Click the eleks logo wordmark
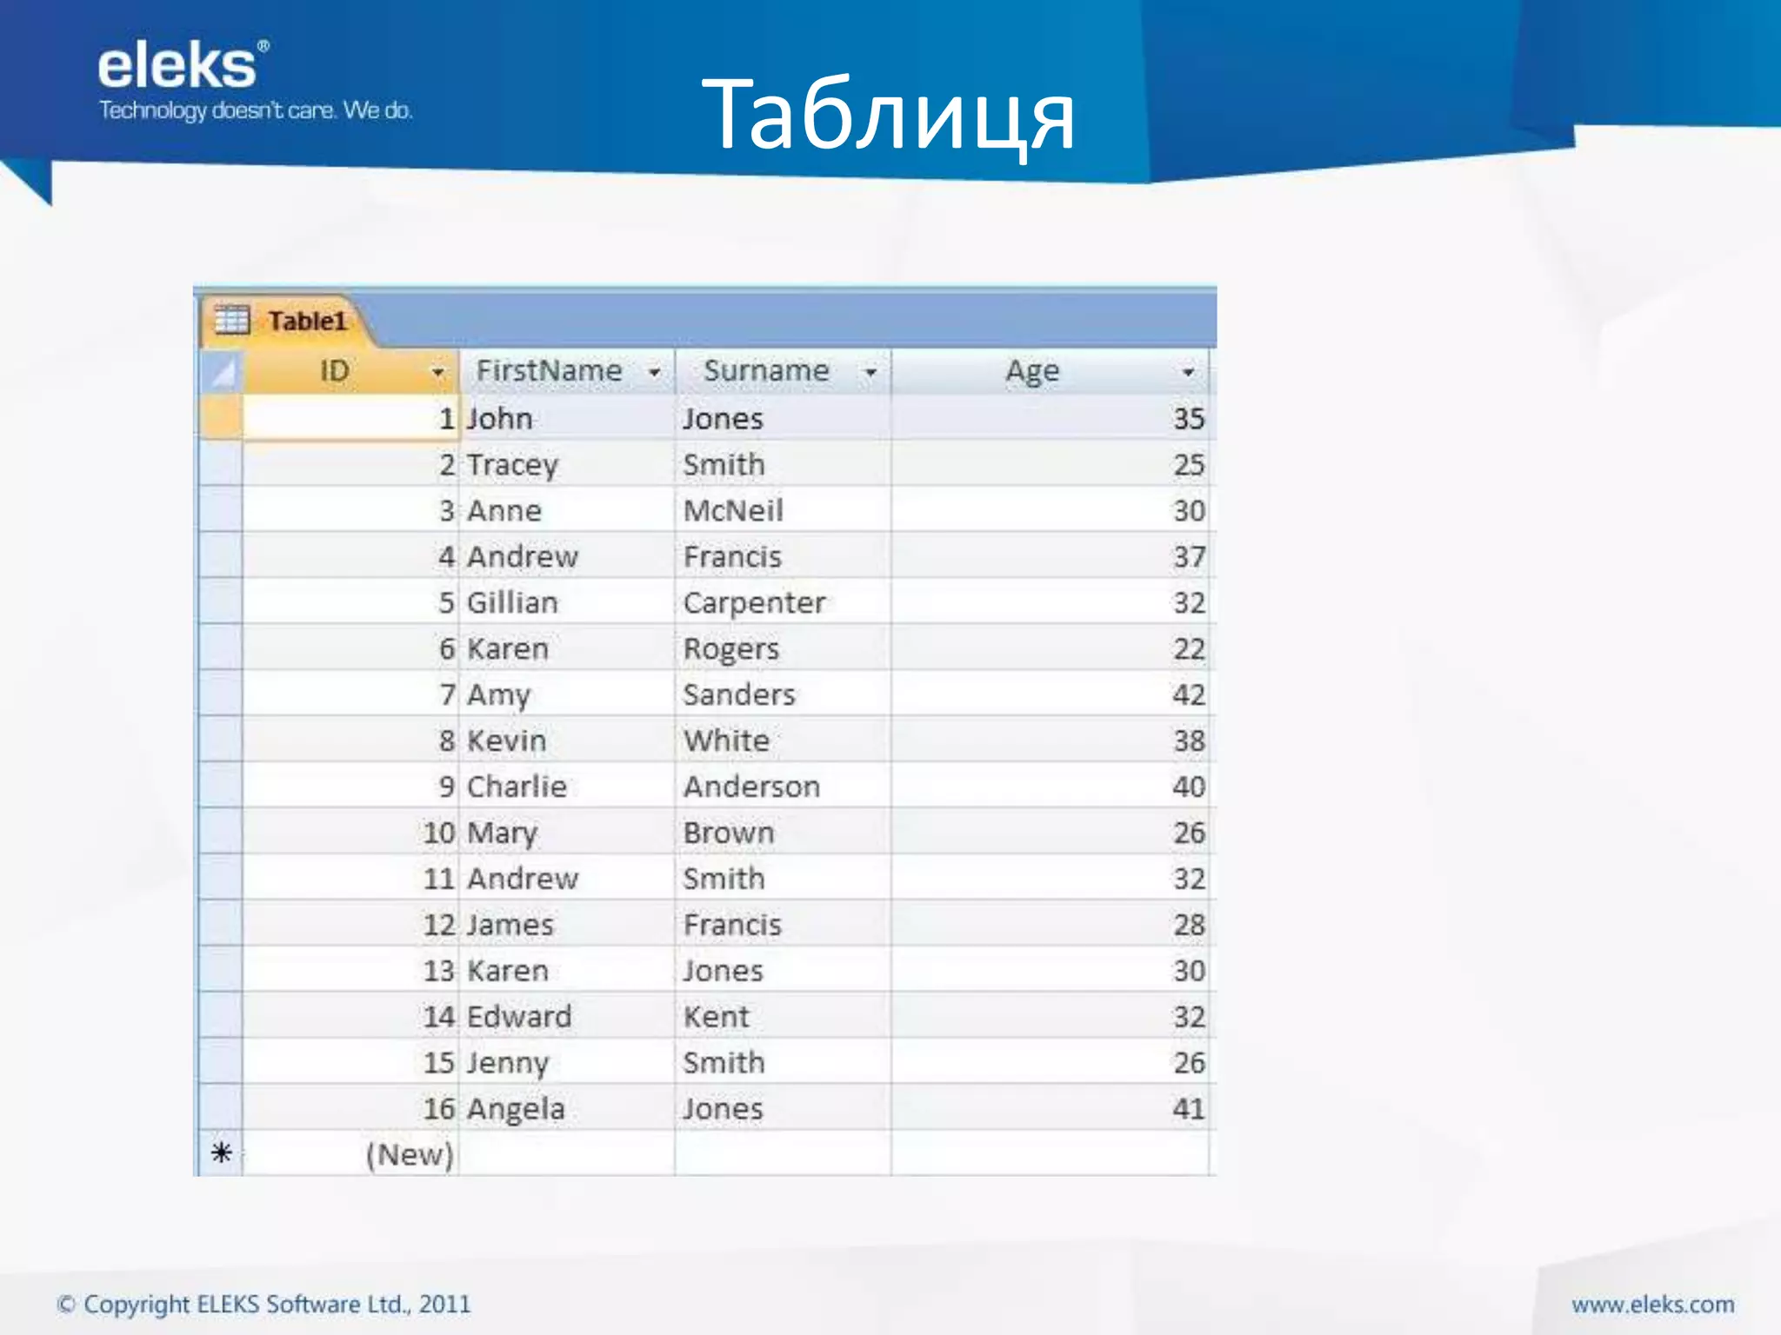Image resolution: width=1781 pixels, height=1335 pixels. point(178,67)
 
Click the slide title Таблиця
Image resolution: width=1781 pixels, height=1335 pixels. point(888,116)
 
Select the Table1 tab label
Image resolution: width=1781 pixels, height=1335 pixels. point(307,322)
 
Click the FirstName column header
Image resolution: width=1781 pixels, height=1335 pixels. point(549,371)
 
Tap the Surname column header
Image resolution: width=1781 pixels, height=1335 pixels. point(766,371)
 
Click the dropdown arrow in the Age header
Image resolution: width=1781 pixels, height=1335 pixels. point(1188,373)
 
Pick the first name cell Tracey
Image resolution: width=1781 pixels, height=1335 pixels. point(512,465)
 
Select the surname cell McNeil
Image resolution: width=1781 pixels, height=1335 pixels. point(733,511)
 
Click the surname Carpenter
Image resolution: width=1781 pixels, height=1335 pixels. point(754,603)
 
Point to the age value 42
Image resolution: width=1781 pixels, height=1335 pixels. point(1189,695)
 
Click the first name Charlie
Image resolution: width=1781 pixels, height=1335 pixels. point(517,787)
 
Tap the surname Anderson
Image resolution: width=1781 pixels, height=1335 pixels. point(751,787)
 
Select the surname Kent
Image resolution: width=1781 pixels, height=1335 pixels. point(716,1017)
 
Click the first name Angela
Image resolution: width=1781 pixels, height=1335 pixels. point(516,1109)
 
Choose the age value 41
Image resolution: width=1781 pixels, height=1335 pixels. point(1189,1109)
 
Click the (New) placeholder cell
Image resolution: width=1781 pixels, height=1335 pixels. point(410,1155)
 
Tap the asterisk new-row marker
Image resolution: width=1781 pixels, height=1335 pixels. point(221,1153)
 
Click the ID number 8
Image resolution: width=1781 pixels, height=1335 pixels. point(447,741)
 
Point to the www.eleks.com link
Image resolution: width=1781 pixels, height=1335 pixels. point(1652,1305)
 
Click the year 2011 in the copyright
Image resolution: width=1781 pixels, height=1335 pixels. point(444,1305)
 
